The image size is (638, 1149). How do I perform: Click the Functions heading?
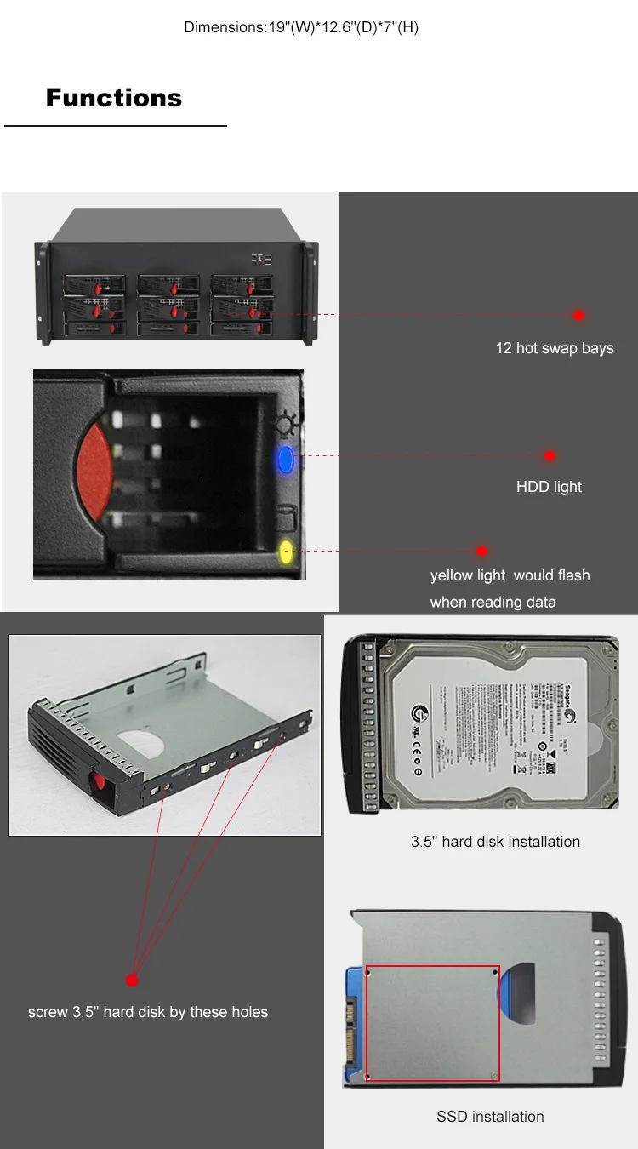114,98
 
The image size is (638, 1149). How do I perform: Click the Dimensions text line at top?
301,27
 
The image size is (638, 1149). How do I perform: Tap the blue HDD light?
285,460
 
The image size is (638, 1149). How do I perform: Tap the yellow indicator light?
287,552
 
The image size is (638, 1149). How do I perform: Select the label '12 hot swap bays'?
554,348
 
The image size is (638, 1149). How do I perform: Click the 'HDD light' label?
549,487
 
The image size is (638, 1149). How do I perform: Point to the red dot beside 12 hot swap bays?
578,315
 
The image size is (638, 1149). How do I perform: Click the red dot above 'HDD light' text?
550,456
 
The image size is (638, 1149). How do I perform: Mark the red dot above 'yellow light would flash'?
481,551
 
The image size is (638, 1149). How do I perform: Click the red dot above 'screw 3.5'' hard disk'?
132,980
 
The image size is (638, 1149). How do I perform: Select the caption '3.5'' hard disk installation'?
495,842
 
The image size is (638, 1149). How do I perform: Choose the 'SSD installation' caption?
490,1117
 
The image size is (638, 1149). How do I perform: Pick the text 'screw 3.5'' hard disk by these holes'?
148,1012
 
